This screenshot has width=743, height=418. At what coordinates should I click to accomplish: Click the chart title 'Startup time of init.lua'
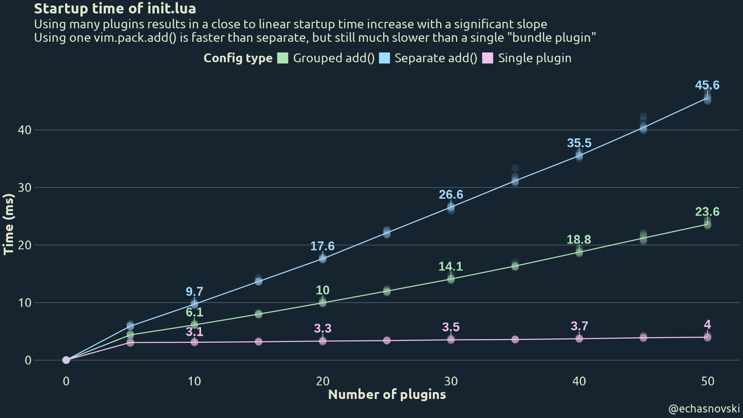[115, 8]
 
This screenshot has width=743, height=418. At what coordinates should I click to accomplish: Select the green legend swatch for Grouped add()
[283, 58]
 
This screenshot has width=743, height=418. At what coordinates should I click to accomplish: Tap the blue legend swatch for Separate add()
[385, 58]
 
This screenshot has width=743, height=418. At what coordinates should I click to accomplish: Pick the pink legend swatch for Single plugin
[488, 58]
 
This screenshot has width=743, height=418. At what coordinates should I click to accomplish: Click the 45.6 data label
[707, 85]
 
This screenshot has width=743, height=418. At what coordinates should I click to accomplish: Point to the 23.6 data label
[707, 212]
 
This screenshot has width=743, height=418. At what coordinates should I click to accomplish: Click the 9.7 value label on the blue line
[195, 292]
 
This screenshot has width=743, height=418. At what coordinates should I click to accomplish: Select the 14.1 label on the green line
[450, 266]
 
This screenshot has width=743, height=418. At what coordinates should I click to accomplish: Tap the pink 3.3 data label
[323, 328]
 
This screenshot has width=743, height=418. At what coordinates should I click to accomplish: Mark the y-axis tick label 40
[25, 130]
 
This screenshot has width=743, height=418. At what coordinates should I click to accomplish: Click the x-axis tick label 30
[451, 381]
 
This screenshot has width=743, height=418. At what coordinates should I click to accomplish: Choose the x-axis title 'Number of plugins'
[387, 394]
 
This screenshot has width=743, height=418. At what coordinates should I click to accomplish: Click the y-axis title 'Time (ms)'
[8, 224]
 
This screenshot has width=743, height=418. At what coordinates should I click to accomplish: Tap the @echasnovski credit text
[704, 409]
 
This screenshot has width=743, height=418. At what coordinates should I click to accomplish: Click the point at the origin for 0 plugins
[66, 360]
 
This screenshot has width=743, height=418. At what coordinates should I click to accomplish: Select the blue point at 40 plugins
[579, 156]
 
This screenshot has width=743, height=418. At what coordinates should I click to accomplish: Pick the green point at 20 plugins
[323, 302]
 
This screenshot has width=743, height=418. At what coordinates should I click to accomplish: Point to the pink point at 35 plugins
[515, 340]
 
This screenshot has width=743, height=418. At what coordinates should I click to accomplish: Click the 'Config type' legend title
[238, 58]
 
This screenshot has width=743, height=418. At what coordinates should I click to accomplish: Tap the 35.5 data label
[579, 143]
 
